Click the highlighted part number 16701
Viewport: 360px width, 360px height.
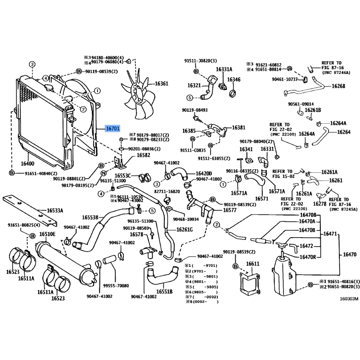[112, 129]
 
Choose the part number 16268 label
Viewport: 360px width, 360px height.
[338, 86]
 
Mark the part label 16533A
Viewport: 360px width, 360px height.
[55, 210]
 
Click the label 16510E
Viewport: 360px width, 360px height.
[47, 234]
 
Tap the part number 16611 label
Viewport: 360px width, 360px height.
[253, 264]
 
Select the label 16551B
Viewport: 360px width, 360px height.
[165, 292]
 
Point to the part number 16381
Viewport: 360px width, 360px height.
[239, 128]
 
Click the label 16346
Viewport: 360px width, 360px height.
[234, 80]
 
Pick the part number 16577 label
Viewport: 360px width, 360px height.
[230, 210]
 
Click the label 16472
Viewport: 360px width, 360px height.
[306, 246]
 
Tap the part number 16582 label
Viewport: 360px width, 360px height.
[131, 155]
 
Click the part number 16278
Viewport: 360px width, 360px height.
[319, 204]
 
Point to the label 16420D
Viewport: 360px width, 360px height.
[203, 173]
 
